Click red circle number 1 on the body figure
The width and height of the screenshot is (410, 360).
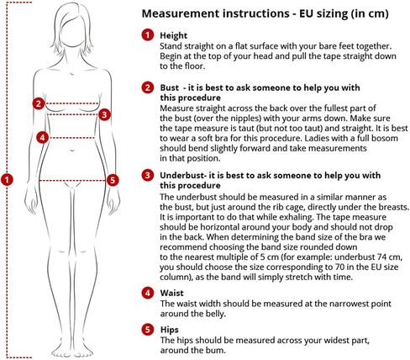(x=7, y=179)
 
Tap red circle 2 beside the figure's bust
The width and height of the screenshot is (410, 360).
(x=39, y=103)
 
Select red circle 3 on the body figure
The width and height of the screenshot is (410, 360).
(x=104, y=114)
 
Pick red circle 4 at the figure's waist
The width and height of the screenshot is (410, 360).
(x=43, y=138)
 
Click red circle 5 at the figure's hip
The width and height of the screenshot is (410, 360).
(x=113, y=180)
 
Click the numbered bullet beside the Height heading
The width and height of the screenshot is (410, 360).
(x=148, y=35)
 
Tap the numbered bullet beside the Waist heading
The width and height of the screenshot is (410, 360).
(x=148, y=293)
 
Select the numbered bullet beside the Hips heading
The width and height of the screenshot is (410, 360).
(x=148, y=330)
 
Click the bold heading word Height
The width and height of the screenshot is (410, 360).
(x=174, y=35)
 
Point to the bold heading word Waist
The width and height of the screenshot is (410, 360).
(x=172, y=294)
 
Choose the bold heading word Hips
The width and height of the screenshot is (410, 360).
(x=170, y=330)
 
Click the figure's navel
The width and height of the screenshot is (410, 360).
(x=72, y=151)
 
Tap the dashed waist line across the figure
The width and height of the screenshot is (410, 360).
(x=71, y=138)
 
